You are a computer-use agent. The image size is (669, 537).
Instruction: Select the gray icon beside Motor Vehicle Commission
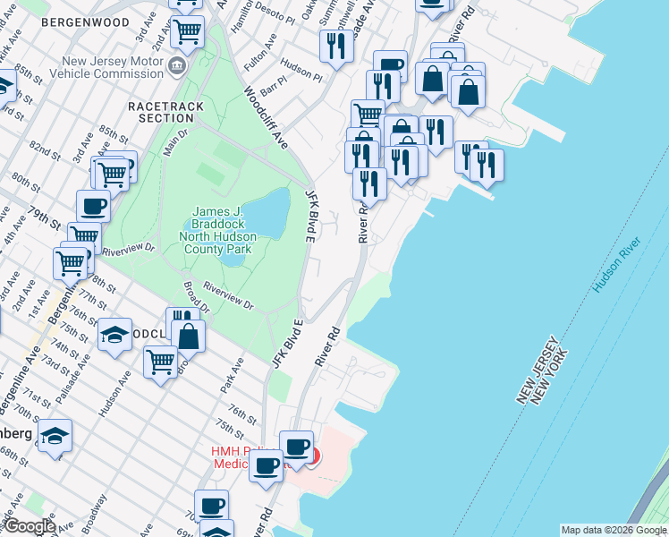pyautogui.click(x=177, y=67)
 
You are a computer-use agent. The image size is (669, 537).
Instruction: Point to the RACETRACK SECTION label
pyautogui.click(x=166, y=113)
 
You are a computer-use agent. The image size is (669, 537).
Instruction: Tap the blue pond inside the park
pyautogui.click(x=267, y=215)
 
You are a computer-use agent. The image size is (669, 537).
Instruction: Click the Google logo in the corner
pyautogui.click(x=30, y=527)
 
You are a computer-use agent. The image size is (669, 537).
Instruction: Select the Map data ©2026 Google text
pyautogui.click(x=613, y=530)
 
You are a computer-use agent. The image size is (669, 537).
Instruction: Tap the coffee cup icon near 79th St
pyautogui.click(x=93, y=206)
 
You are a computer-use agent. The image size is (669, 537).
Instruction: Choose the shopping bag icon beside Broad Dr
pyautogui.click(x=189, y=337)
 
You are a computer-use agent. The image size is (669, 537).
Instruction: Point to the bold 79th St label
pyautogui.click(x=42, y=218)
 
